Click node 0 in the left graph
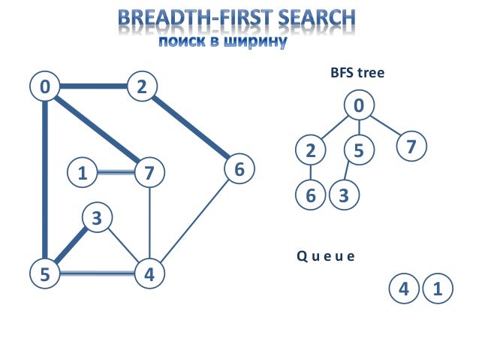[x=45, y=87]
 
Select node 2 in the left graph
[x=141, y=87]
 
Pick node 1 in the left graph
[x=82, y=173]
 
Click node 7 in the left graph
[x=149, y=173]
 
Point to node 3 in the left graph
[x=96, y=219]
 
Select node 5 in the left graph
[x=45, y=274]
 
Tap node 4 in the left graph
[x=149, y=274]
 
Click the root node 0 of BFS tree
[x=359, y=105]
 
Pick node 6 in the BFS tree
[x=310, y=195]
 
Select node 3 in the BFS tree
[x=344, y=195]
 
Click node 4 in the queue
[x=404, y=289]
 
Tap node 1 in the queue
[x=438, y=289]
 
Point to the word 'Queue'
[x=324, y=256]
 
